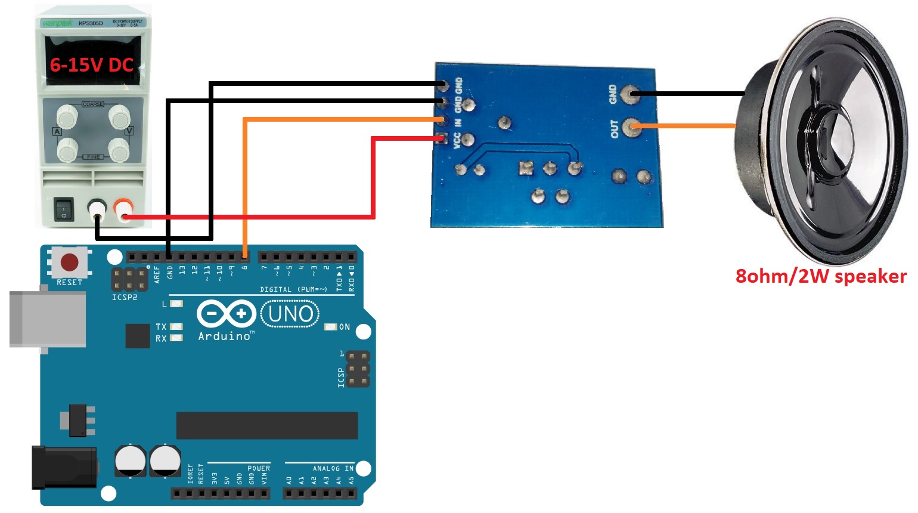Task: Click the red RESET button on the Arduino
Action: (69, 262)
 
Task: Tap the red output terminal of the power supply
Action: (124, 209)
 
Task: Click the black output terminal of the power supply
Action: (97, 209)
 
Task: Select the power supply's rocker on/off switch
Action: (64, 208)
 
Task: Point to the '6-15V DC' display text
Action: (91, 64)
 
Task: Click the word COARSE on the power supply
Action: (93, 104)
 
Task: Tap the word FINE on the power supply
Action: (94, 157)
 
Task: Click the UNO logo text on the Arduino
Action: (290, 313)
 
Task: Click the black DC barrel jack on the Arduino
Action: (64, 468)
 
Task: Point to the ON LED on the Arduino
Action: (330, 327)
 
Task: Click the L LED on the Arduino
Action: (176, 304)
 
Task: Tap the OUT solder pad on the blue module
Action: (631, 126)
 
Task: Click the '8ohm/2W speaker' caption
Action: (821, 276)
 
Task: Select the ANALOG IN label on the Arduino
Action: (333, 468)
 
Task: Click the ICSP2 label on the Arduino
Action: (125, 297)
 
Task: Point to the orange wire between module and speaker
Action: (686, 126)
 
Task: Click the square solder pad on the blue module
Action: (525, 169)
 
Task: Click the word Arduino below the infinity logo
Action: (225, 336)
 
